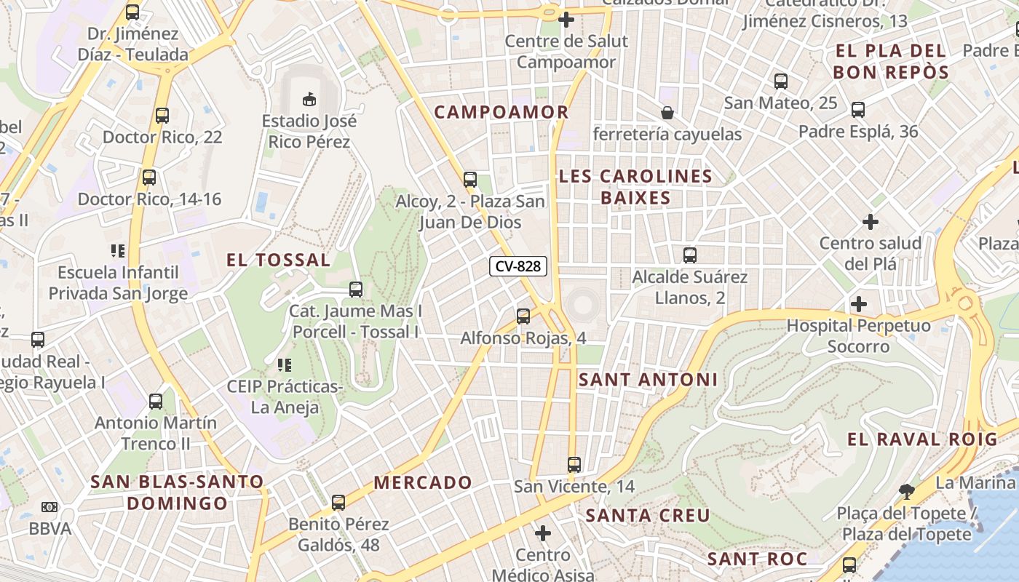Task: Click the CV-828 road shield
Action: click(518, 266)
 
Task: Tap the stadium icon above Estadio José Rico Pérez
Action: click(309, 98)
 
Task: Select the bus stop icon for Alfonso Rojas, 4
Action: click(523, 316)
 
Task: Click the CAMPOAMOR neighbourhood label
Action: click(501, 112)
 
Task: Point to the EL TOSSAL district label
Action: click(278, 260)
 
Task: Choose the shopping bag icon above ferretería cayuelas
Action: click(667, 113)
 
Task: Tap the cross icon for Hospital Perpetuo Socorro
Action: click(859, 304)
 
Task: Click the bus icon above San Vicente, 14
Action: click(574, 464)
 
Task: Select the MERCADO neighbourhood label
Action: click(423, 482)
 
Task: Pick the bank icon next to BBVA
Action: click(49, 507)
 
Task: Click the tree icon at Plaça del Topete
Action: click(906, 491)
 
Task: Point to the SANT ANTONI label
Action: click(648, 379)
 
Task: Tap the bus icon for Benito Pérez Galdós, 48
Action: click(338, 502)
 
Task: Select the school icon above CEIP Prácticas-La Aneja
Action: click(284, 364)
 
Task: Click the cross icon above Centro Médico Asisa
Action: click(543, 534)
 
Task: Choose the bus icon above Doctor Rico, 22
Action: click(162, 115)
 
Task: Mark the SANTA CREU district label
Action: click(648, 516)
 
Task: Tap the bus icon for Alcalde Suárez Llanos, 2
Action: click(690, 255)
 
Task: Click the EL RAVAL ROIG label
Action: click(922, 439)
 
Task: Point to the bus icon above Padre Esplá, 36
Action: click(858, 110)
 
